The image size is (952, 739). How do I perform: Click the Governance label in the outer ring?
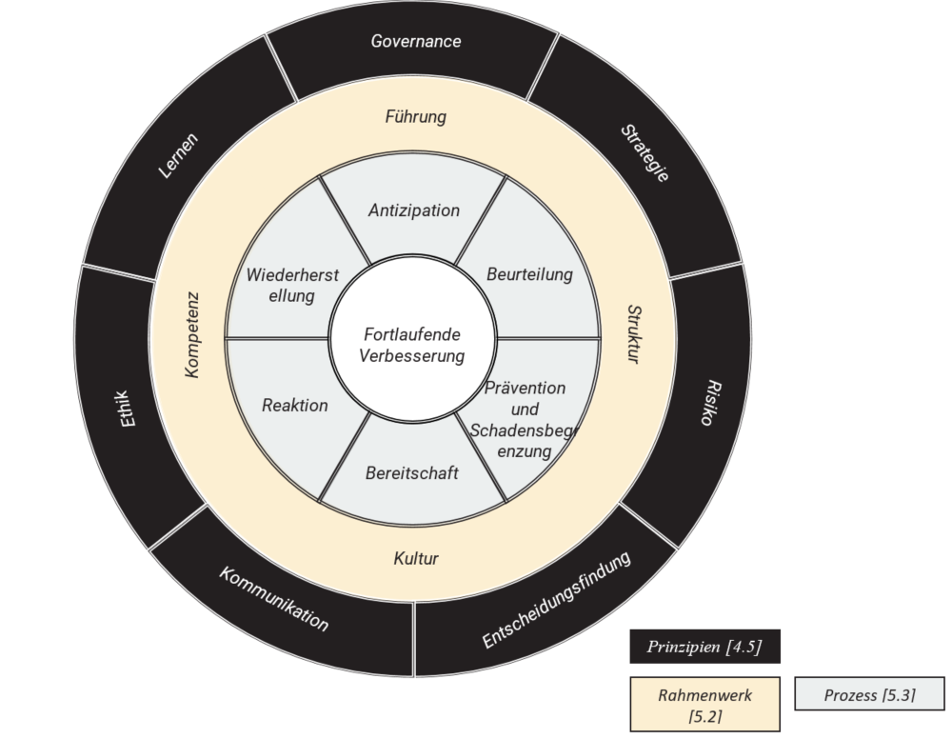coord(416,42)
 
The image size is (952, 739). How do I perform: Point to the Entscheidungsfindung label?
coord(557,601)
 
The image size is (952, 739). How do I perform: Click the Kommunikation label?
coord(274,600)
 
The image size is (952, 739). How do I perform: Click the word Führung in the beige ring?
coord(416,117)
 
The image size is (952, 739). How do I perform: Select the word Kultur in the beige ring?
coord(416,558)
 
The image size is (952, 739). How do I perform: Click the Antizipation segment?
coord(414,210)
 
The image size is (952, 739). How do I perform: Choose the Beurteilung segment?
coord(530,274)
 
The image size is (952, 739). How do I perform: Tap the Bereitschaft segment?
coord(412,472)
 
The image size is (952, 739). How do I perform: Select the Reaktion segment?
coord(295,406)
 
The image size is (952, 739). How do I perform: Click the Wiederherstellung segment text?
coord(279,285)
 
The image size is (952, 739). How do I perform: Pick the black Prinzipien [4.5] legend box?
coord(704,647)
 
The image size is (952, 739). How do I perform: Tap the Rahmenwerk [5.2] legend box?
coord(704,705)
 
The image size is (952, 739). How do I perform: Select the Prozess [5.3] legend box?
coord(869,695)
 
